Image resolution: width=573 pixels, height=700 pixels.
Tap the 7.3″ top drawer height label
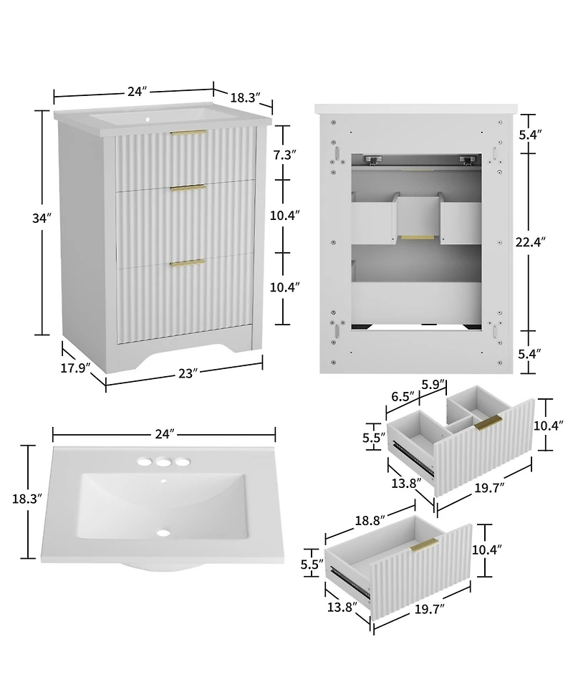click(x=284, y=154)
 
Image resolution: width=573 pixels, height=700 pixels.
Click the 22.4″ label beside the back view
click(x=534, y=242)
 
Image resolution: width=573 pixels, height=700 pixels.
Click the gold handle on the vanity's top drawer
click(x=188, y=133)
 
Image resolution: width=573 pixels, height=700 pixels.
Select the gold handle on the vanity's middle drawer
click(x=188, y=188)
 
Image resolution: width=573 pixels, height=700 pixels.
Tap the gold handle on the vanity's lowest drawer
click(x=188, y=264)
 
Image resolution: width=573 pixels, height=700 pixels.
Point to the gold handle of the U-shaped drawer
click(x=487, y=423)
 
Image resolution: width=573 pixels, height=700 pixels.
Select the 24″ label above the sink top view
click(x=164, y=434)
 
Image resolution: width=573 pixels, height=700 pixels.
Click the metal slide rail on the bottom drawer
click(x=349, y=579)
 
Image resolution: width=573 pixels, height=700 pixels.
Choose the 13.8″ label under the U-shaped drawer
click(x=404, y=484)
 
